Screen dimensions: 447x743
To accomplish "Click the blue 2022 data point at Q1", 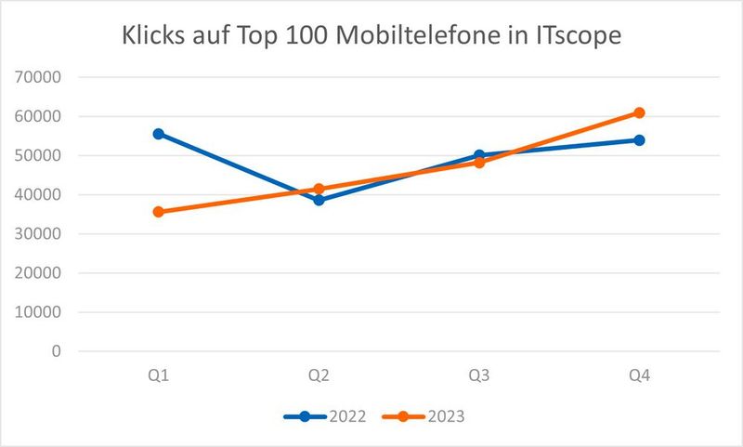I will click(x=159, y=134).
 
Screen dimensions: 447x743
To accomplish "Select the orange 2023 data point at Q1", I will click(x=159, y=212).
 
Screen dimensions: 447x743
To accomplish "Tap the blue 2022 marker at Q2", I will click(x=319, y=200).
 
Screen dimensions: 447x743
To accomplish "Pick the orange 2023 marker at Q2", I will click(x=319, y=189).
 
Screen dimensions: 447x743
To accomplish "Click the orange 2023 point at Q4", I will click(x=639, y=113).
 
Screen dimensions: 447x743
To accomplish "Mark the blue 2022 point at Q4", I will click(x=639, y=140).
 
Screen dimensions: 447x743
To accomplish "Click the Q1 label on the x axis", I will click(x=159, y=375).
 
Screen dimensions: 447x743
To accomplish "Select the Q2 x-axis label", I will click(x=319, y=375).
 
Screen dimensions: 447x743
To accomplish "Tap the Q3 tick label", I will click(x=479, y=375).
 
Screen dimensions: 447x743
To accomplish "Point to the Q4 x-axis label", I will click(x=639, y=375).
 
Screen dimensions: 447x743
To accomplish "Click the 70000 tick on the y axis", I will click(x=38, y=78).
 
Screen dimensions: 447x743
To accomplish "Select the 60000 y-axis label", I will click(x=38, y=117).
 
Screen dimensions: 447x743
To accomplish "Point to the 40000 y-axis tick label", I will click(x=38, y=195).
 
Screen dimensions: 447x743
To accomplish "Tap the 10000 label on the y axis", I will click(x=38, y=312).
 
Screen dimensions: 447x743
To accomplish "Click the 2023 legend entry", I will click(x=426, y=416).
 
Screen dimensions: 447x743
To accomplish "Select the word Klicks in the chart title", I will click(x=157, y=38).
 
